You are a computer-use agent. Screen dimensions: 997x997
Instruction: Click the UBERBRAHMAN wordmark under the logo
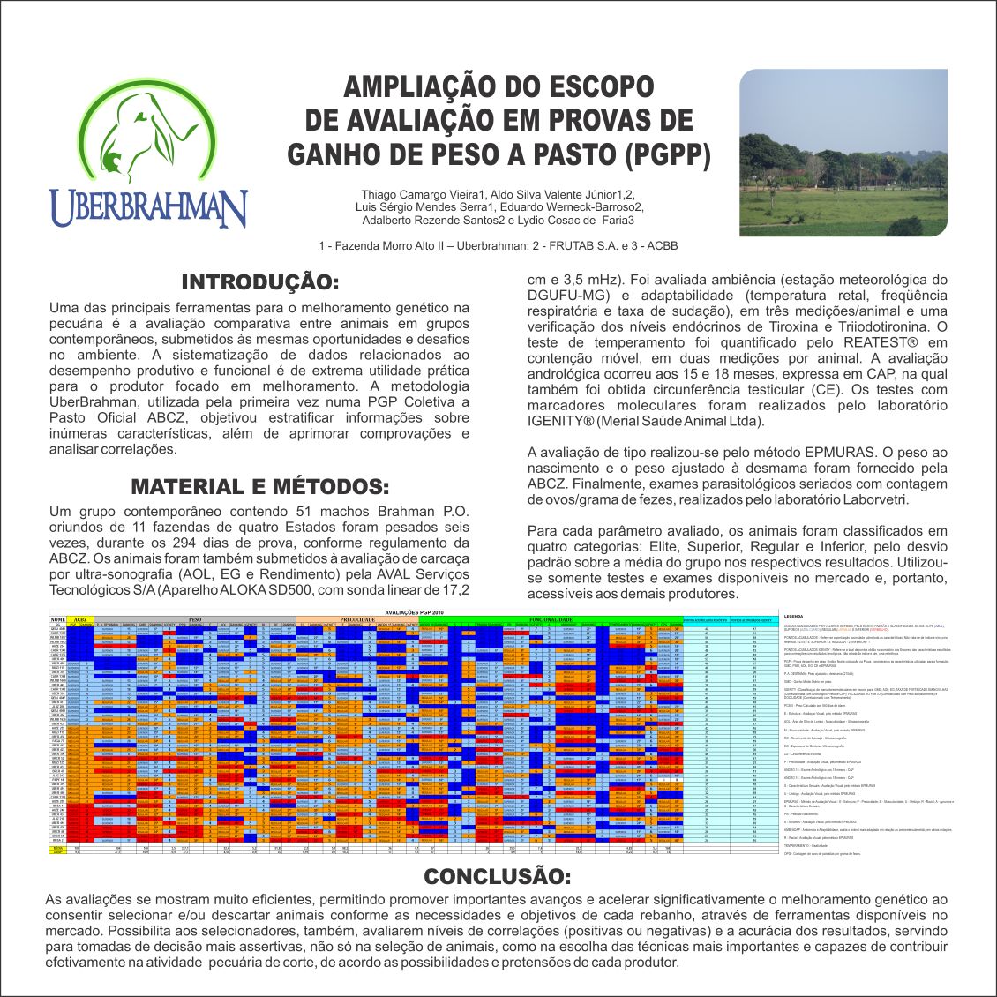coord(148,208)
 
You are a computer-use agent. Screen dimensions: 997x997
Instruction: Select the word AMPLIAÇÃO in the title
coord(423,86)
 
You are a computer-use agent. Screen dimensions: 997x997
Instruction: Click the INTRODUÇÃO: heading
coord(259,283)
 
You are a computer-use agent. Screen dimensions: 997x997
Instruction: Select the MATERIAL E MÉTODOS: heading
coord(259,487)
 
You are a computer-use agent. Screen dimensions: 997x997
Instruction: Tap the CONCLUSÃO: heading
coord(498,877)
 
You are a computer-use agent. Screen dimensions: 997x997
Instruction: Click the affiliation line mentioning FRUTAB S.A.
coord(498,246)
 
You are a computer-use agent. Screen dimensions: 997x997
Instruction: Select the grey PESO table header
coord(195,619)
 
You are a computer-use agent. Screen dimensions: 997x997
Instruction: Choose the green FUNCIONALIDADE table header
coord(552,619)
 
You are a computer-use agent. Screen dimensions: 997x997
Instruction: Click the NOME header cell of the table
coord(58,619)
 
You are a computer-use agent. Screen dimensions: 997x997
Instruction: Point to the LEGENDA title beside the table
coord(792,616)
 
